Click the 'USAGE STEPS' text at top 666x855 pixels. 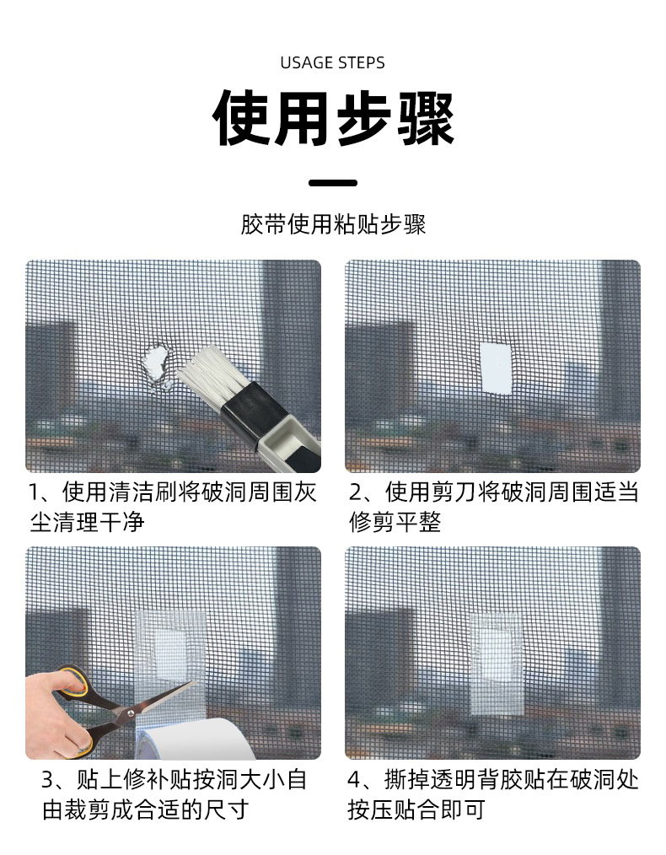332,62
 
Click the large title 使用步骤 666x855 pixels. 332,119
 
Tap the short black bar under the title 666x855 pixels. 332,182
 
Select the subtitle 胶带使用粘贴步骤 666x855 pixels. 332,225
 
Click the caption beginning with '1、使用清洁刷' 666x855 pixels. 173,507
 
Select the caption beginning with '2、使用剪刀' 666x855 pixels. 493,507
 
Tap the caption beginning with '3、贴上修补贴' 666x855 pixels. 173,793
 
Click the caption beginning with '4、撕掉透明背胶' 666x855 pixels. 493,793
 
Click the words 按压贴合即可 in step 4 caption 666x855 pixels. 417,810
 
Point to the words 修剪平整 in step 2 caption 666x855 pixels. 395,522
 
